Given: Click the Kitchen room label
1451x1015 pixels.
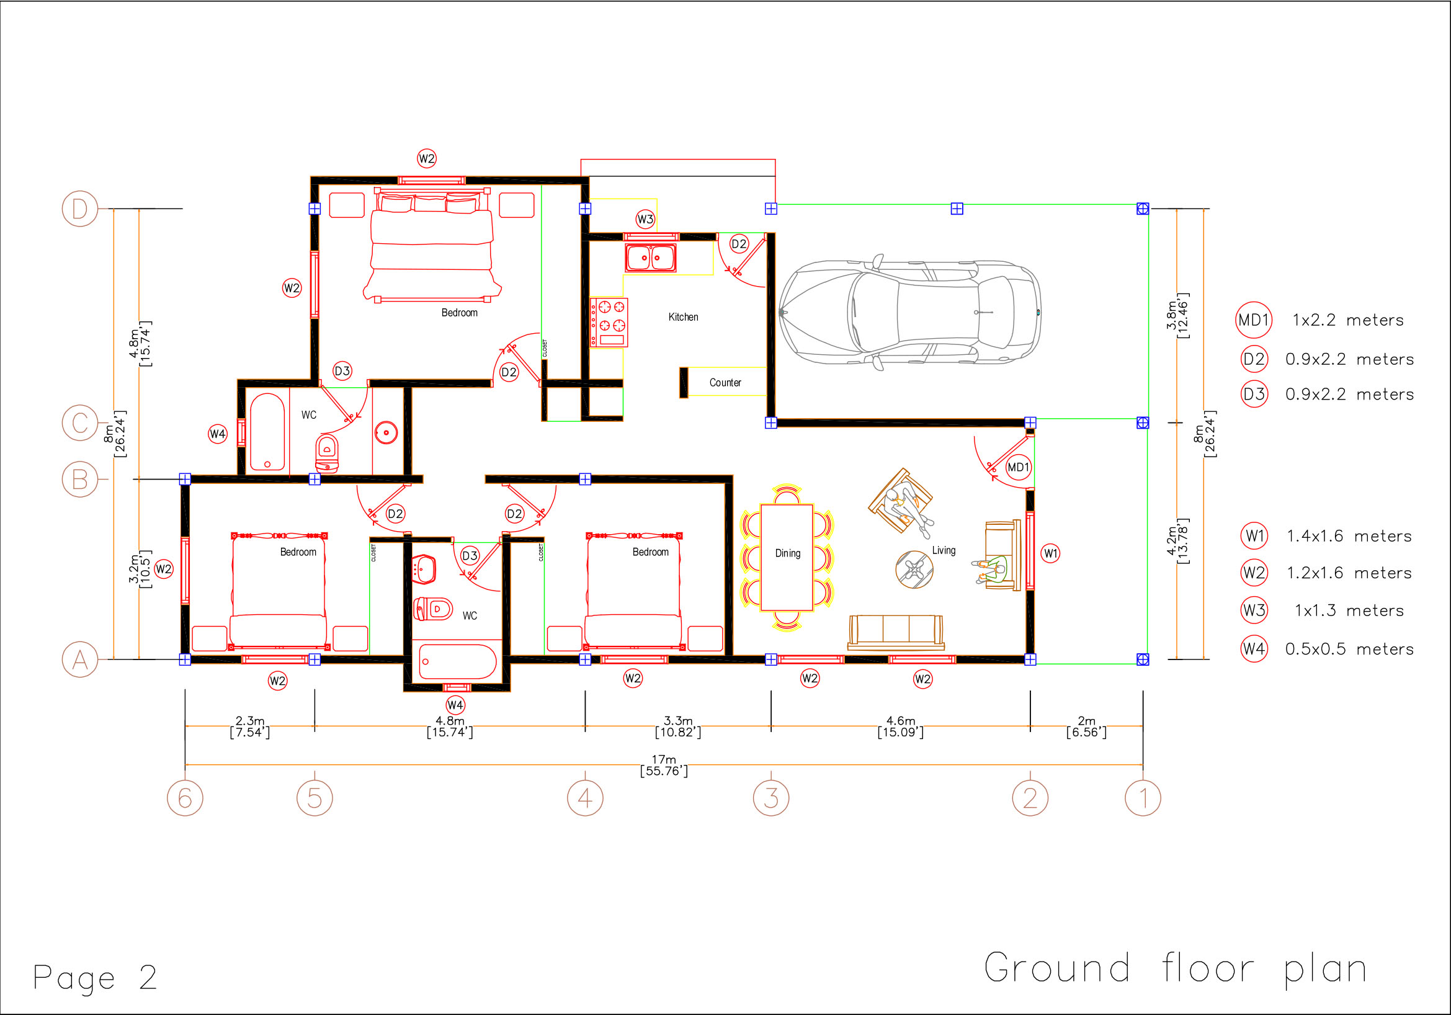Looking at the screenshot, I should (683, 316).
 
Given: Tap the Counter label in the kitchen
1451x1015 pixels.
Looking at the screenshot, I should (725, 382).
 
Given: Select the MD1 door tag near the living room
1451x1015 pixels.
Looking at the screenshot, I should (1018, 467).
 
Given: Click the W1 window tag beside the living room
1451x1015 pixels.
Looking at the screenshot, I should (1050, 553).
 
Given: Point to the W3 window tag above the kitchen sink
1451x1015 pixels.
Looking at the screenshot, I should (645, 219).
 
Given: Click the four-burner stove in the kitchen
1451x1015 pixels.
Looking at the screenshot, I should (609, 323).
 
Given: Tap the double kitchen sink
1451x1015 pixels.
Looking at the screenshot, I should (650, 258).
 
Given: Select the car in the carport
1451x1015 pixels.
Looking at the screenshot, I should (910, 313).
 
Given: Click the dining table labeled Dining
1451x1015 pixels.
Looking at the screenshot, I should (787, 557).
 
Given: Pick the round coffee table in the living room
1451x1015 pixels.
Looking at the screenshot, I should (914, 569).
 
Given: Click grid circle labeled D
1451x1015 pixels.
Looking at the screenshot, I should (79, 208).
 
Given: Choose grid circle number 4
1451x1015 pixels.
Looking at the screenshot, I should (585, 798).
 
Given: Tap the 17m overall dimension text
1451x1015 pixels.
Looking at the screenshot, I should (664, 765).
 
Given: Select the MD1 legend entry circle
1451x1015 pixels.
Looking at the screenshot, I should (1253, 320).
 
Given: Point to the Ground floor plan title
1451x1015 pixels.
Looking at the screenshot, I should (1176, 968).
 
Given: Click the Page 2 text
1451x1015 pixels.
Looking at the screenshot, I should (95, 978).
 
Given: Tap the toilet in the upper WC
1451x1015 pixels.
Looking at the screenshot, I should (327, 452).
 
